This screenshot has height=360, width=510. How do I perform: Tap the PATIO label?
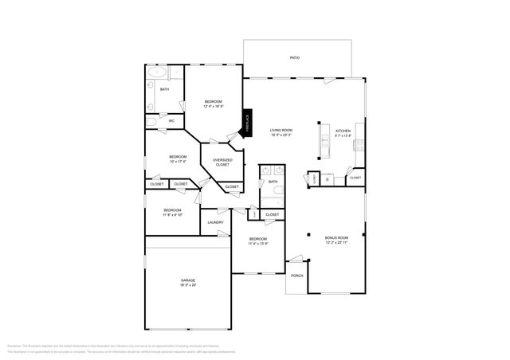coord(295,58)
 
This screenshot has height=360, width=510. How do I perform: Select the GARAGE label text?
coord(188,280)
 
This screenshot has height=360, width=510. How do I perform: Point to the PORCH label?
coord(296,276)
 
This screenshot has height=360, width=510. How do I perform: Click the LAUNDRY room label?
coord(215,222)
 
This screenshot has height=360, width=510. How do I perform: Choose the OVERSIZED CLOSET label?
coord(222,162)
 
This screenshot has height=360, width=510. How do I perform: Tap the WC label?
coord(171,121)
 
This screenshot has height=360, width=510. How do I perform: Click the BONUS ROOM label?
coord(336,237)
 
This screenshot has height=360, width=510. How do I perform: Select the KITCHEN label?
coord(343,131)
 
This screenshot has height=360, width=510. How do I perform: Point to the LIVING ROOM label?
coord(280,131)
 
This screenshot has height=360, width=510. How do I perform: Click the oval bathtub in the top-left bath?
coord(155,72)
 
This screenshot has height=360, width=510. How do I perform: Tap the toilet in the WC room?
coord(151,122)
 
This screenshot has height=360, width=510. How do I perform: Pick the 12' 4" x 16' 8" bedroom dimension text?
coord(214,106)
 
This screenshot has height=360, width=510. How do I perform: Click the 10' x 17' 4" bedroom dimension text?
coord(177,162)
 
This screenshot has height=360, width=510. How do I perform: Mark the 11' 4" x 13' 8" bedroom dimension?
coord(257,244)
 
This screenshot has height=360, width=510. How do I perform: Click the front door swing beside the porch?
coord(296,259)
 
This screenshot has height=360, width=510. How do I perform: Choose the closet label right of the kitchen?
coord(355,178)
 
